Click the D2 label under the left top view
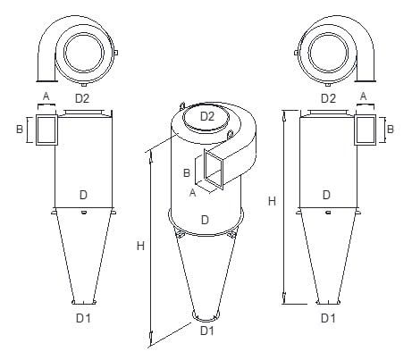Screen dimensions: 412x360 [x=82, y=98]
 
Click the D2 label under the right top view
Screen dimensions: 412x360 [x=328, y=98]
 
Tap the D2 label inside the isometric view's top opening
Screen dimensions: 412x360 [x=207, y=116]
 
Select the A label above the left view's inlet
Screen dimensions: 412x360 [x=46, y=96]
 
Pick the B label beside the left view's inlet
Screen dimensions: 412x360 [x=20, y=130]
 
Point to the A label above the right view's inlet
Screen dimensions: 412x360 [x=363, y=96]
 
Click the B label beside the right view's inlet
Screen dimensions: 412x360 [x=390, y=130]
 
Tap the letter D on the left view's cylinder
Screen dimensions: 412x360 [x=83, y=195]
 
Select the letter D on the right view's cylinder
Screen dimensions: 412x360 [x=326, y=195]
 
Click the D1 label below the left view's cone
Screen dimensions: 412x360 [x=83, y=318]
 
